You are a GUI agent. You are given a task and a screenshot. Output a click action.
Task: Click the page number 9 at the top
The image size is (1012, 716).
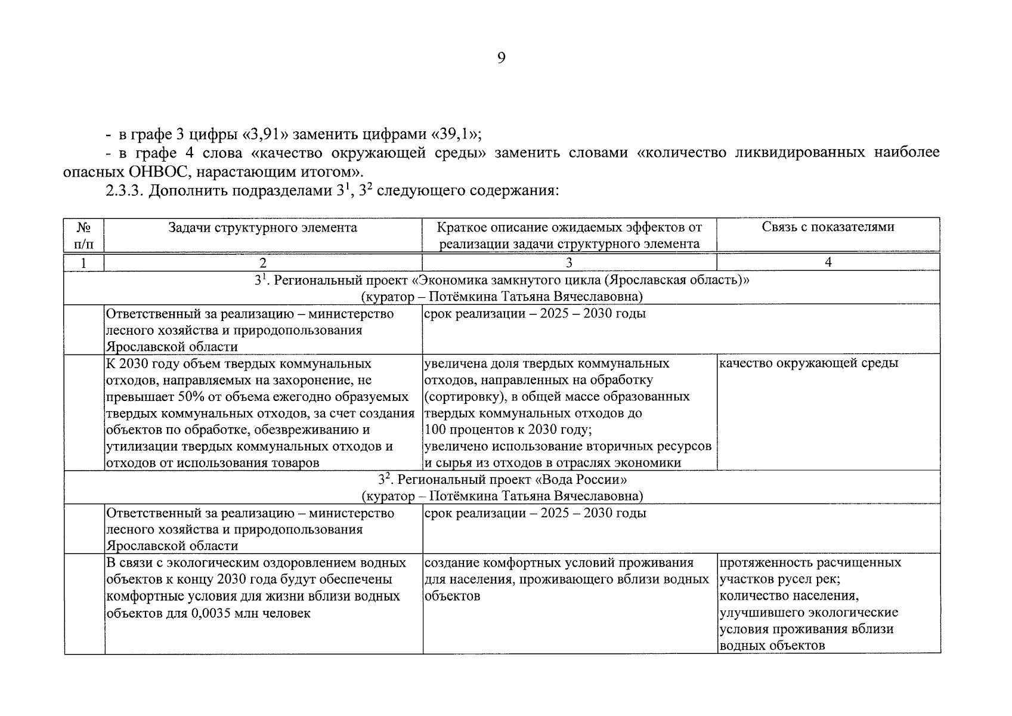pos(501,58)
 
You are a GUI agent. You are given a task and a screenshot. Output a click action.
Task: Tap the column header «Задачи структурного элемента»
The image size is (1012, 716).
pos(262,227)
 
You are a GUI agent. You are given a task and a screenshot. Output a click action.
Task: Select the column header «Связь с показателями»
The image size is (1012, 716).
pos(828,227)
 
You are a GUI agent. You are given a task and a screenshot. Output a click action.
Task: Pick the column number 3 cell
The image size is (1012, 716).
pos(569,263)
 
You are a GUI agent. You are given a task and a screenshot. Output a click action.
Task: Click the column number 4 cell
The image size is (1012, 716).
pos(828,263)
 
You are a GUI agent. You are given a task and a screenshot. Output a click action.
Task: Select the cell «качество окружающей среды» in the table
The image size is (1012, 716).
pos(809,363)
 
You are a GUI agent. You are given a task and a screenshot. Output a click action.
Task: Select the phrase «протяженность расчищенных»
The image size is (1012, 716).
pos(810,563)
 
